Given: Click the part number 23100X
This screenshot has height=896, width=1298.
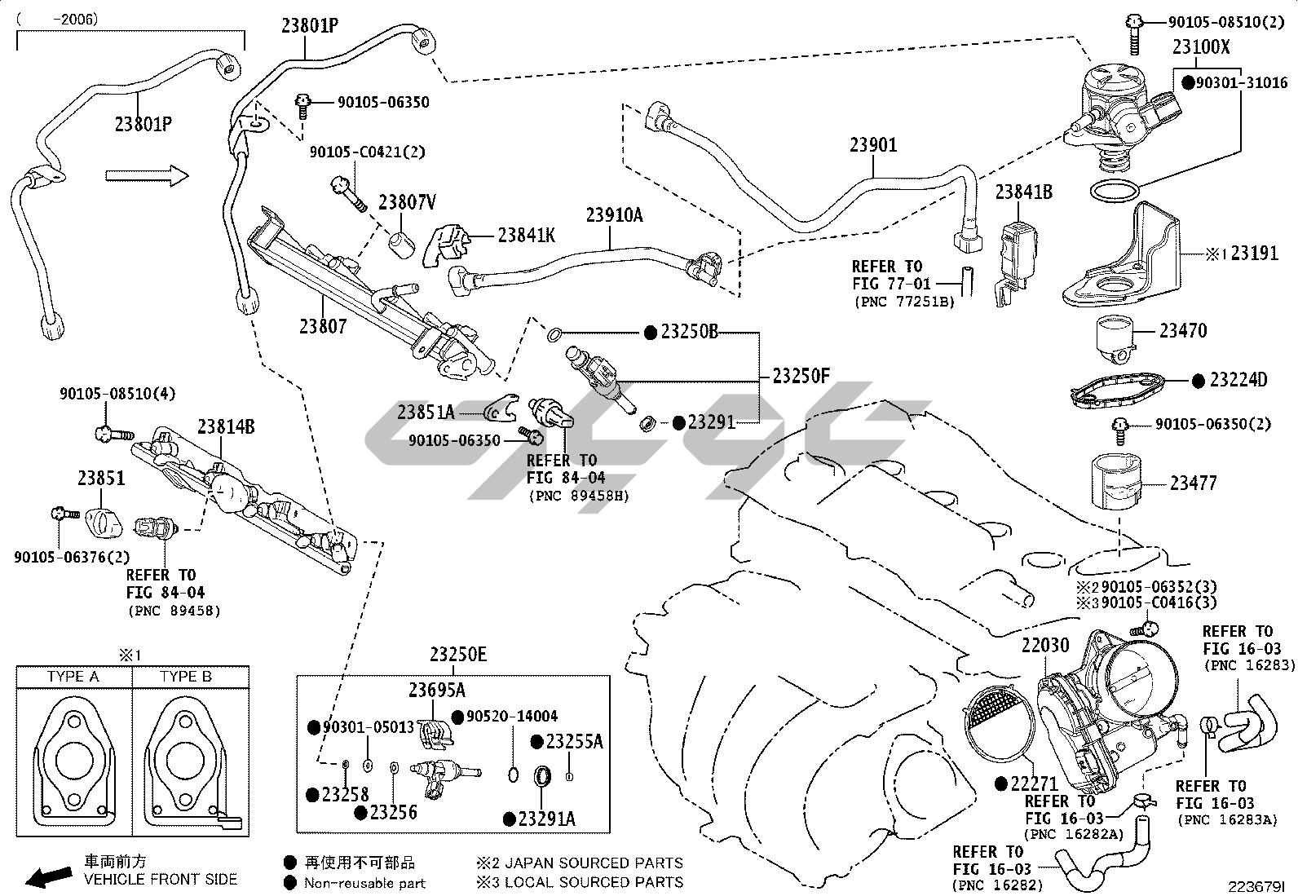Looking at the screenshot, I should [1201, 47].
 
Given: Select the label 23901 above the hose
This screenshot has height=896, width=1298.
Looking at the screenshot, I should [873, 145].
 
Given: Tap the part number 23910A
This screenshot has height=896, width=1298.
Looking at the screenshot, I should [614, 215].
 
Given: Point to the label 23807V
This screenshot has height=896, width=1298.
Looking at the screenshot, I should [407, 202].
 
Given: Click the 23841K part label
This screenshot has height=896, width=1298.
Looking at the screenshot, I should [526, 236].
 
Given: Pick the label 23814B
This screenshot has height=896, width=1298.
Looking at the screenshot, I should [226, 426].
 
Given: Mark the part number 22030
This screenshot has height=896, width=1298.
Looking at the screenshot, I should [1045, 646].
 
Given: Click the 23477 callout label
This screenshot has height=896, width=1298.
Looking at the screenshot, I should [1193, 483].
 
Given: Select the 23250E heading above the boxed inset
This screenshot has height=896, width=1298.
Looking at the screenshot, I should [458, 655].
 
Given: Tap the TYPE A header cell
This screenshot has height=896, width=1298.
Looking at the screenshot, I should [73, 677].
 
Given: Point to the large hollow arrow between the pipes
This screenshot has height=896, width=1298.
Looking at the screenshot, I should [147, 174].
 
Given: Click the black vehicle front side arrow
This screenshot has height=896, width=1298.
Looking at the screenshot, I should [48, 877].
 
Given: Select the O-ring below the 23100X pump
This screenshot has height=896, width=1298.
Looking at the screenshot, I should [1114, 192].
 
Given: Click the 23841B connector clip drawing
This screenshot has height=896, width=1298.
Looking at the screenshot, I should [1018, 249].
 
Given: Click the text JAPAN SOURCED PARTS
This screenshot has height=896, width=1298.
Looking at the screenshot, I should [594, 863].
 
